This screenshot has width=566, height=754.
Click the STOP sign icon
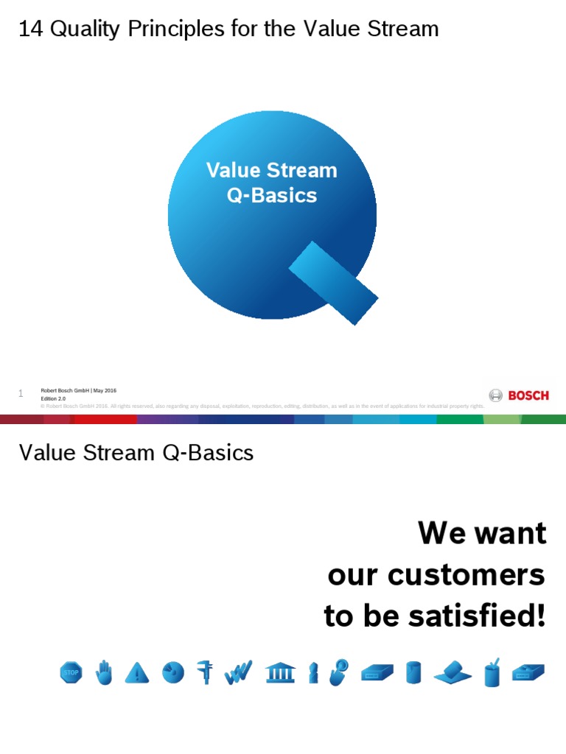click(x=71, y=672)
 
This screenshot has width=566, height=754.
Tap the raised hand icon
click(x=105, y=672)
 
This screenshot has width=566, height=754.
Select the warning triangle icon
click(x=137, y=672)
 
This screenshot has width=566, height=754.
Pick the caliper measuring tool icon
click(x=206, y=672)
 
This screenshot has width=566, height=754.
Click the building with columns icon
click(x=280, y=672)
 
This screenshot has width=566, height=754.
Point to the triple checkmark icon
click(x=239, y=672)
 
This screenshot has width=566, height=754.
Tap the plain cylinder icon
click(x=413, y=672)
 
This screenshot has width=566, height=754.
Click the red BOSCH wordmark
click(x=528, y=395)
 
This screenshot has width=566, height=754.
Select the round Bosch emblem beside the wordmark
click(x=496, y=395)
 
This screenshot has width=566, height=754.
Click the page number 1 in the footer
click(x=21, y=394)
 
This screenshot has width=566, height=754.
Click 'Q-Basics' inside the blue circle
click(x=272, y=196)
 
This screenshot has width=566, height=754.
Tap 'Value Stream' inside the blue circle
click(x=272, y=171)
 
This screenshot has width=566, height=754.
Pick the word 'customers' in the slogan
click(x=471, y=574)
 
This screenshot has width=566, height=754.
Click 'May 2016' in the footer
click(x=105, y=390)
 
